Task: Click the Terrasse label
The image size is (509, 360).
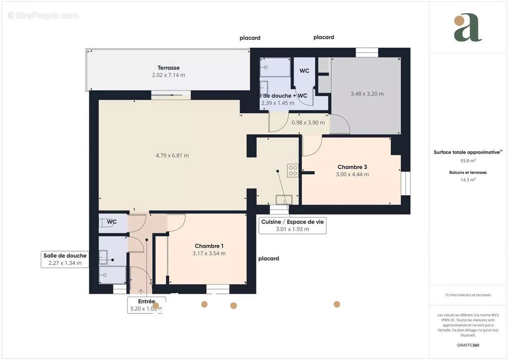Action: (168, 68)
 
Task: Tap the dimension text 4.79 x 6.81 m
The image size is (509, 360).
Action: (172, 156)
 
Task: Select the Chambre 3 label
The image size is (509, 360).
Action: (352, 167)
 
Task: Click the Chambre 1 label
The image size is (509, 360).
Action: (209, 246)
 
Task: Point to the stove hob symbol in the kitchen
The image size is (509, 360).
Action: (293, 170)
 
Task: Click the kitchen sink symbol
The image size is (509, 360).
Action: (284, 199)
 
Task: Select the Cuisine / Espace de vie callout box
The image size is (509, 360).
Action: (293, 225)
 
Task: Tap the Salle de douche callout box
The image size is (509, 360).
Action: (65, 259)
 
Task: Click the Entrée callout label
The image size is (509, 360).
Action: (146, 301)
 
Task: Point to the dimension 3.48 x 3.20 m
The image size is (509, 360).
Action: (367, 94)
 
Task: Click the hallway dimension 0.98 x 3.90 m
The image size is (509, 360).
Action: (308, 122)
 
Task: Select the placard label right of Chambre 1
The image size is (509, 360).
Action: (269, 259)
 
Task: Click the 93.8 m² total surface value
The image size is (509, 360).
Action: (468, 160)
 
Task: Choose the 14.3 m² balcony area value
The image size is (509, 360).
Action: (468, 179)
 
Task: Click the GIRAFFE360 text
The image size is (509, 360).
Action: (468, 346)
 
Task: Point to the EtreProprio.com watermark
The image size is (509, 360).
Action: (43, 16)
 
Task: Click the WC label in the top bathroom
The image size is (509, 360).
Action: (304, 71)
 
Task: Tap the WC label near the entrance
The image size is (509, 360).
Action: (112, 222)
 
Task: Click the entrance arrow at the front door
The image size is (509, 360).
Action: (142, 292)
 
